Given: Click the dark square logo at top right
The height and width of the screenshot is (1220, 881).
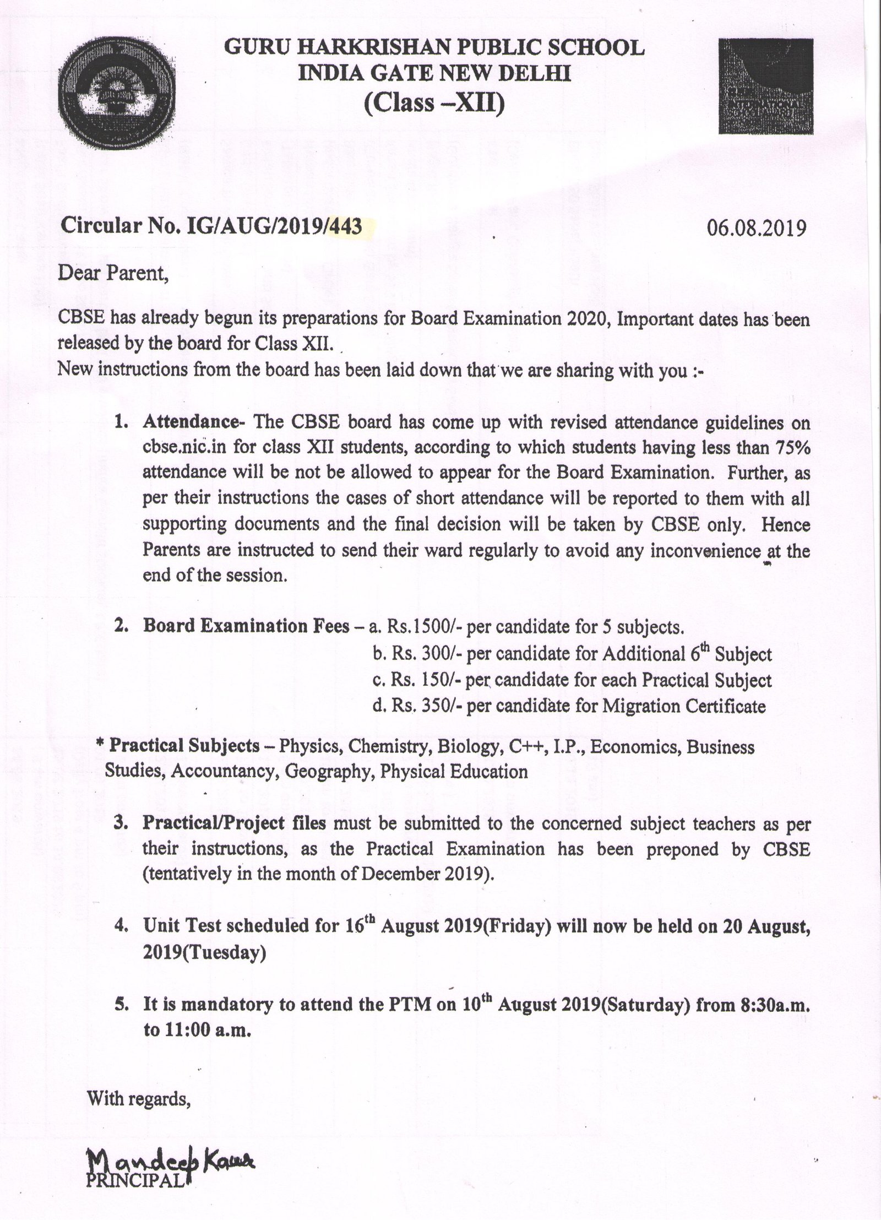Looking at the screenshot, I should coord(765,86).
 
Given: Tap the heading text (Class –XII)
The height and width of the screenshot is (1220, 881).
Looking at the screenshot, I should coord(434,102).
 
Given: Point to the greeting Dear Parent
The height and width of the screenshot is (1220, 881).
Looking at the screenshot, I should coord(113,274).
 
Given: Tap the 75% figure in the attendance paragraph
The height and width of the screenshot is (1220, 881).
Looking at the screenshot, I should coord(791,448).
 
